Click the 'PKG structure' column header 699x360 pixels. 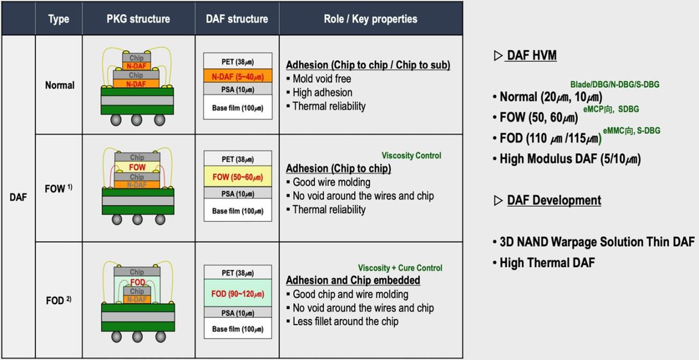138,19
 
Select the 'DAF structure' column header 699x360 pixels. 237,19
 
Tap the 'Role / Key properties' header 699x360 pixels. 370,19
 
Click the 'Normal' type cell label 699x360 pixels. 60,85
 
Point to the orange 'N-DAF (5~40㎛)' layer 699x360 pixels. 238,76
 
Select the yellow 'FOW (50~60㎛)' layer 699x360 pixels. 238,177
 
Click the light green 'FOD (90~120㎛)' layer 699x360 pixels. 238,293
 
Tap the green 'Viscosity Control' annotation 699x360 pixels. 411,155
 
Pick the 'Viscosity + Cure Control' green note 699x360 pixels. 400,268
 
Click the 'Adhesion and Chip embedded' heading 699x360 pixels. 353,280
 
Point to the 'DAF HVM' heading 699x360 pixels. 532,55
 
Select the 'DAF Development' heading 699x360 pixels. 554,200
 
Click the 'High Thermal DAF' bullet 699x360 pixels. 547,262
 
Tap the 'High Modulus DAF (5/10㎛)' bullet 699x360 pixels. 570,159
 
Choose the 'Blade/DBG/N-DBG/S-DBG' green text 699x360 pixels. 615,84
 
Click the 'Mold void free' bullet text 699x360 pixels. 322,79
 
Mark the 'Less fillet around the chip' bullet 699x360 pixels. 345,321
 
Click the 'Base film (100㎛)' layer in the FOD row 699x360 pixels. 238,329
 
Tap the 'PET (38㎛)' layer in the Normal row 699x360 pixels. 238,62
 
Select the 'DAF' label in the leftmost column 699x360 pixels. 18,197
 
